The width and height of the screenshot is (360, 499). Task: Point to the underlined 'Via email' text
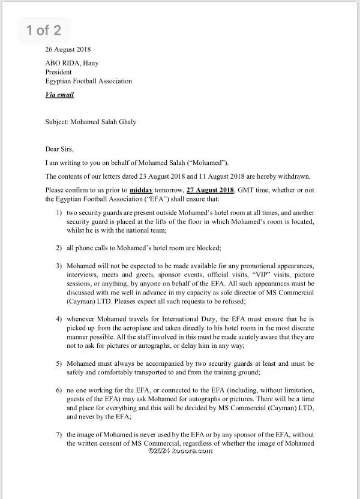tap(59, 95)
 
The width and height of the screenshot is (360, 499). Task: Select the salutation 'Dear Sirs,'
tap(62, 149)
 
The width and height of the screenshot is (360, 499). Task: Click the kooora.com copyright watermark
tap(180, 450)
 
